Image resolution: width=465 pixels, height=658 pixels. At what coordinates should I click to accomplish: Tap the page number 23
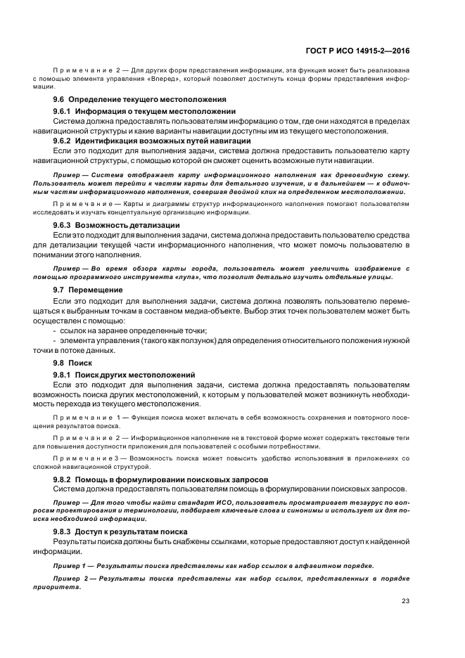(405, 600)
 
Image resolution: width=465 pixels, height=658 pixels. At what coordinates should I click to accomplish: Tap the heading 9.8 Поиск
(68, 362)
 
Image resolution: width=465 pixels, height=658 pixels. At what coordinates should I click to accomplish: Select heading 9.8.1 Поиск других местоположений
(124, 374)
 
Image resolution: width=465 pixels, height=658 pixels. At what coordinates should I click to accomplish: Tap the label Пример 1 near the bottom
(72, 565)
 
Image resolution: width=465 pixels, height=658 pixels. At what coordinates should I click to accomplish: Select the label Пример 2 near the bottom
(72, 577)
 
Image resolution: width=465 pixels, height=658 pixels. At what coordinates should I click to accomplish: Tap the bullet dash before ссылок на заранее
(55, 330)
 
